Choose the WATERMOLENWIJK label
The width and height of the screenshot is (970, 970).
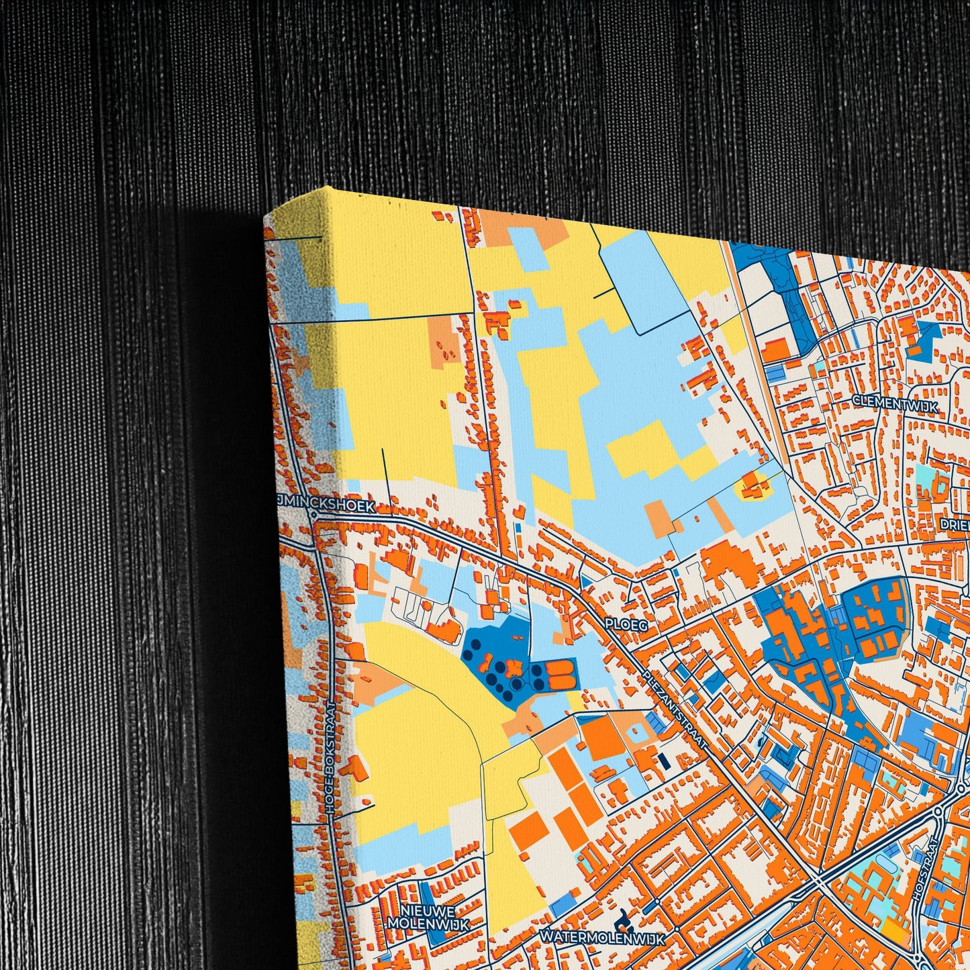[x=602, y=938]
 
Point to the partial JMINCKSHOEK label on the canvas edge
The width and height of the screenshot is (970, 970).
[x=325, y=508]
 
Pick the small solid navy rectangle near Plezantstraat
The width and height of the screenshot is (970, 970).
[x=664, y=761]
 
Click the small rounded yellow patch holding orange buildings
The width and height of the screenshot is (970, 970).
[x=753, y=486]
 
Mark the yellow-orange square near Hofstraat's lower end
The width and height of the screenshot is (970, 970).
[x=893, y=929]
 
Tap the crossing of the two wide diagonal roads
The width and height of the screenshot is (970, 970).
[x=820, y=881]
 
